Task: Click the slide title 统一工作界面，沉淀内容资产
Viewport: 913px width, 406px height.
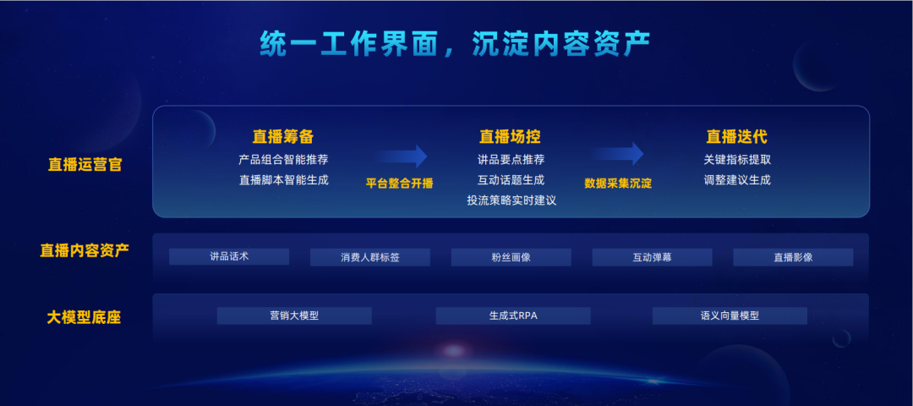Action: [x=455, y=44]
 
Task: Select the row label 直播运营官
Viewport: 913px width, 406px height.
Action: [x=85, y=165]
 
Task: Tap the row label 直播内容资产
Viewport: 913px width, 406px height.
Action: [x=85, y=250]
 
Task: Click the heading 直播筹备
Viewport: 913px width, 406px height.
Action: [x=283, y=136]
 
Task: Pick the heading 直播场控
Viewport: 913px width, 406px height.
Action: [x=510, y=136]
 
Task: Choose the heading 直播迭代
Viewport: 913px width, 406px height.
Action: [x=736, y=136]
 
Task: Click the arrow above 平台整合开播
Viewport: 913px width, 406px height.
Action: [x=401, y=156]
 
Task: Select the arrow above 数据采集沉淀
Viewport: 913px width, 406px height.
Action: [x=616, y=154]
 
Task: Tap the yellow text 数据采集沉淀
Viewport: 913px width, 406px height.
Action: [x=618, y=184]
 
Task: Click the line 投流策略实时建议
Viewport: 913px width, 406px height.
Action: [x=511, y=200]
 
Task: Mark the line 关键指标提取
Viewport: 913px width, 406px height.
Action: [x=737, y=160]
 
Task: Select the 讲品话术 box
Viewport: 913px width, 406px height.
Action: [x=229, y=256]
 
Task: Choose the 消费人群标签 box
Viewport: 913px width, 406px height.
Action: [x=369, y=257]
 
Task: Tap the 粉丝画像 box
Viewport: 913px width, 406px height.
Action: [x=511, y=257]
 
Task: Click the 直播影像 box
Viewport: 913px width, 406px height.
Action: [x=793, y=257]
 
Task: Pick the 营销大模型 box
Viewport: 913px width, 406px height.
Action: [x=294, y=315]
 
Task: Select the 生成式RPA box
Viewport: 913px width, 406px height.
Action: [x=513, y=315]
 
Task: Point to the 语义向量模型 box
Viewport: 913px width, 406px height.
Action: [x=730, y=315]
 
